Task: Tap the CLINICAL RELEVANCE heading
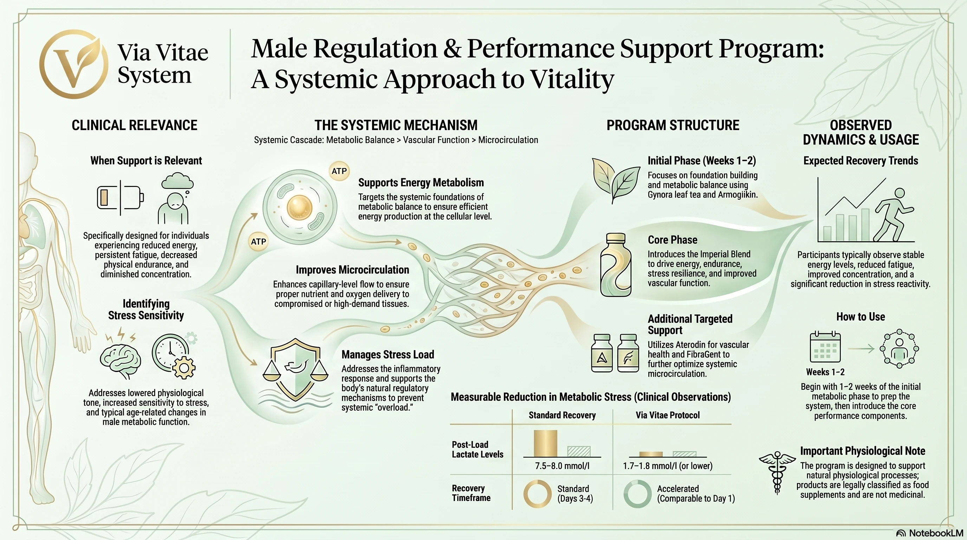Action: (x=134, y=125)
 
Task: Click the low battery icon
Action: (x=120, y=198)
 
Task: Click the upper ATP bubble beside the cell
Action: (x=339, y=171)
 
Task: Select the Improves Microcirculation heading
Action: (x=352, y=270)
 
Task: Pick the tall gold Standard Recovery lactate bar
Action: (x=545, y=443)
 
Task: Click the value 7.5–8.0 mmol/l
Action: (x=562, y=466)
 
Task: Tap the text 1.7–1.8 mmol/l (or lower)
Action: (x=667, y=466)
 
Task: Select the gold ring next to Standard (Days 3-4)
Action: (x=537, y=494)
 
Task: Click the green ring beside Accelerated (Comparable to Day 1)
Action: (x=637, y=494)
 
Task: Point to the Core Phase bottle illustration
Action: (x=616, y=265)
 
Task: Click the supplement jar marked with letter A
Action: (x=602, y=353)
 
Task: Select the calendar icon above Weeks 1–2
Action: (x=825, y=347)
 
